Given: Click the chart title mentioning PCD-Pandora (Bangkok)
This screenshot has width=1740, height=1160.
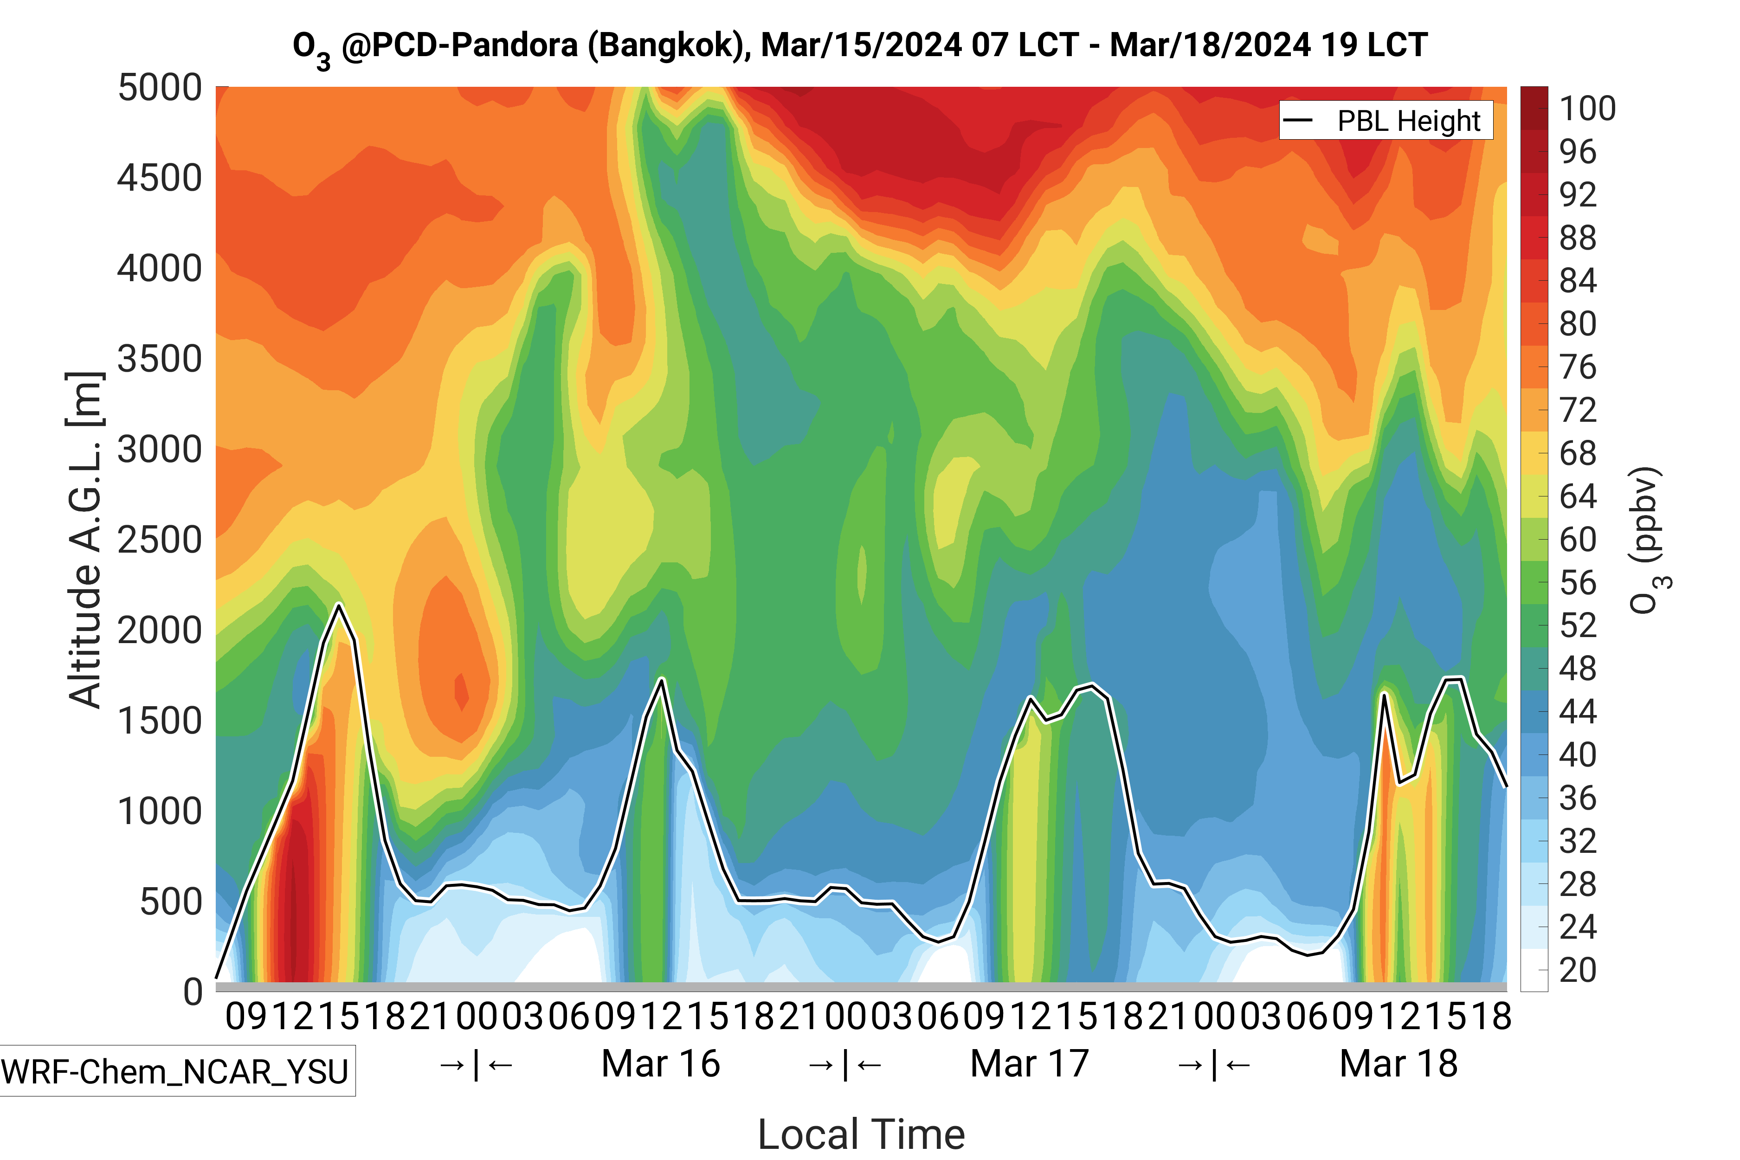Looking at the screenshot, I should click(x=860, y=46).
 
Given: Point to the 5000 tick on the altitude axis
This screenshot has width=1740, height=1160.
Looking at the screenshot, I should click(x=160, y=88).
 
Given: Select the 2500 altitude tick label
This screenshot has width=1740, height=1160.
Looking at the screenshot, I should click(x=160, y=540).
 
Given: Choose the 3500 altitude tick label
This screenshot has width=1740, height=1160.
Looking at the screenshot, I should click(x=160, y=360).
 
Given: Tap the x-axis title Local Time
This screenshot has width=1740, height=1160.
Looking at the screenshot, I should click(x=861, y=1134).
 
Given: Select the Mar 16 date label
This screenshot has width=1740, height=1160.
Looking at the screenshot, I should click(x=661, y=1064).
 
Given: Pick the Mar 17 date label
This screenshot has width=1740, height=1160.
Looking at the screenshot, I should click(x=1029, y=1064).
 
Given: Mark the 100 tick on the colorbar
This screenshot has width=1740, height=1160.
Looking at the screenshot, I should click(x=1588, y=109).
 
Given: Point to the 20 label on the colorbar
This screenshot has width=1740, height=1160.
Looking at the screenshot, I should click(x=1578, y=970).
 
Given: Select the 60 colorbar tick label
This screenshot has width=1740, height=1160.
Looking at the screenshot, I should click(x=1578, y=539).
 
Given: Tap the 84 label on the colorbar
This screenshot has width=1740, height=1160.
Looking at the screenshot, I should click(x=1578, y=281).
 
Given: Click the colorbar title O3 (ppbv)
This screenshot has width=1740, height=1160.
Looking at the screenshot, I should click(x=1649, y=540).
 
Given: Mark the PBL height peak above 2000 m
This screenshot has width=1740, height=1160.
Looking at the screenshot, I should click(x=339, y=606).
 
